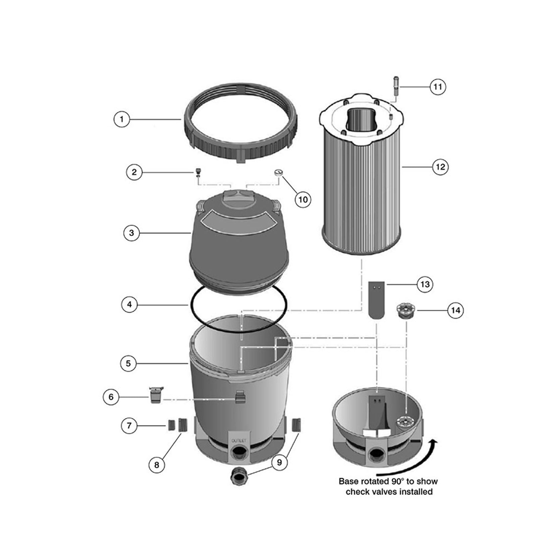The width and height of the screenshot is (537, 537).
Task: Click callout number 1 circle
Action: coord(122,119)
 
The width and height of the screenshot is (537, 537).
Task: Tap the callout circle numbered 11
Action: coord(438,87)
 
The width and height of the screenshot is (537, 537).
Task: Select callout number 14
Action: coord(455,310)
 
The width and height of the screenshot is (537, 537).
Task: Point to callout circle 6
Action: coord(111,397)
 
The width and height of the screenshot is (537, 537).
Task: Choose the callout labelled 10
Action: coord(303,200)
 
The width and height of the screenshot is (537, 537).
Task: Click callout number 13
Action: coord(425,285)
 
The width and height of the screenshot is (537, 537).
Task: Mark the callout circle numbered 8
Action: coord(157,465)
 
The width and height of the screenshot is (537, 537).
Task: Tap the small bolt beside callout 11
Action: coord(396,86)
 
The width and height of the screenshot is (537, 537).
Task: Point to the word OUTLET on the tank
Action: coord(239,440)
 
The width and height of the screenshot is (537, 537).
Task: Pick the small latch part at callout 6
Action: coord(155,395)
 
